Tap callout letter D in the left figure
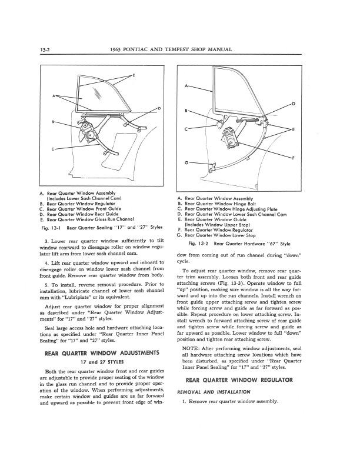[160, 108]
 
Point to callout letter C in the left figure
[54, 149]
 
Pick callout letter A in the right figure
[186, 88]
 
